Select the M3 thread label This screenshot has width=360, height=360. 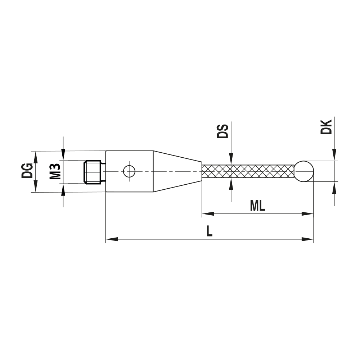pyautogui.click(x=54, y=172)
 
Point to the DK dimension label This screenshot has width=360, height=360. pyautogui.click(x=326, y=127)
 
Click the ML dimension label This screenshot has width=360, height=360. pyautogui.click(x=257, y=206)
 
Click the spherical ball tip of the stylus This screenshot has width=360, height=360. pyautogui.click(x=304, y=171)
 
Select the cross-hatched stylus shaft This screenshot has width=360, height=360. pyautogui.click(x=248, y=171)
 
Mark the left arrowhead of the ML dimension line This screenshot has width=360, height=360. pyautogui.click(x=207, y=213)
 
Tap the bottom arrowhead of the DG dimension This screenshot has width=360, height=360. pyautogui.click(x=35, y=188)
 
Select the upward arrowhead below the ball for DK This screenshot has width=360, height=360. pyautogui.click(x=334, y=186)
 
